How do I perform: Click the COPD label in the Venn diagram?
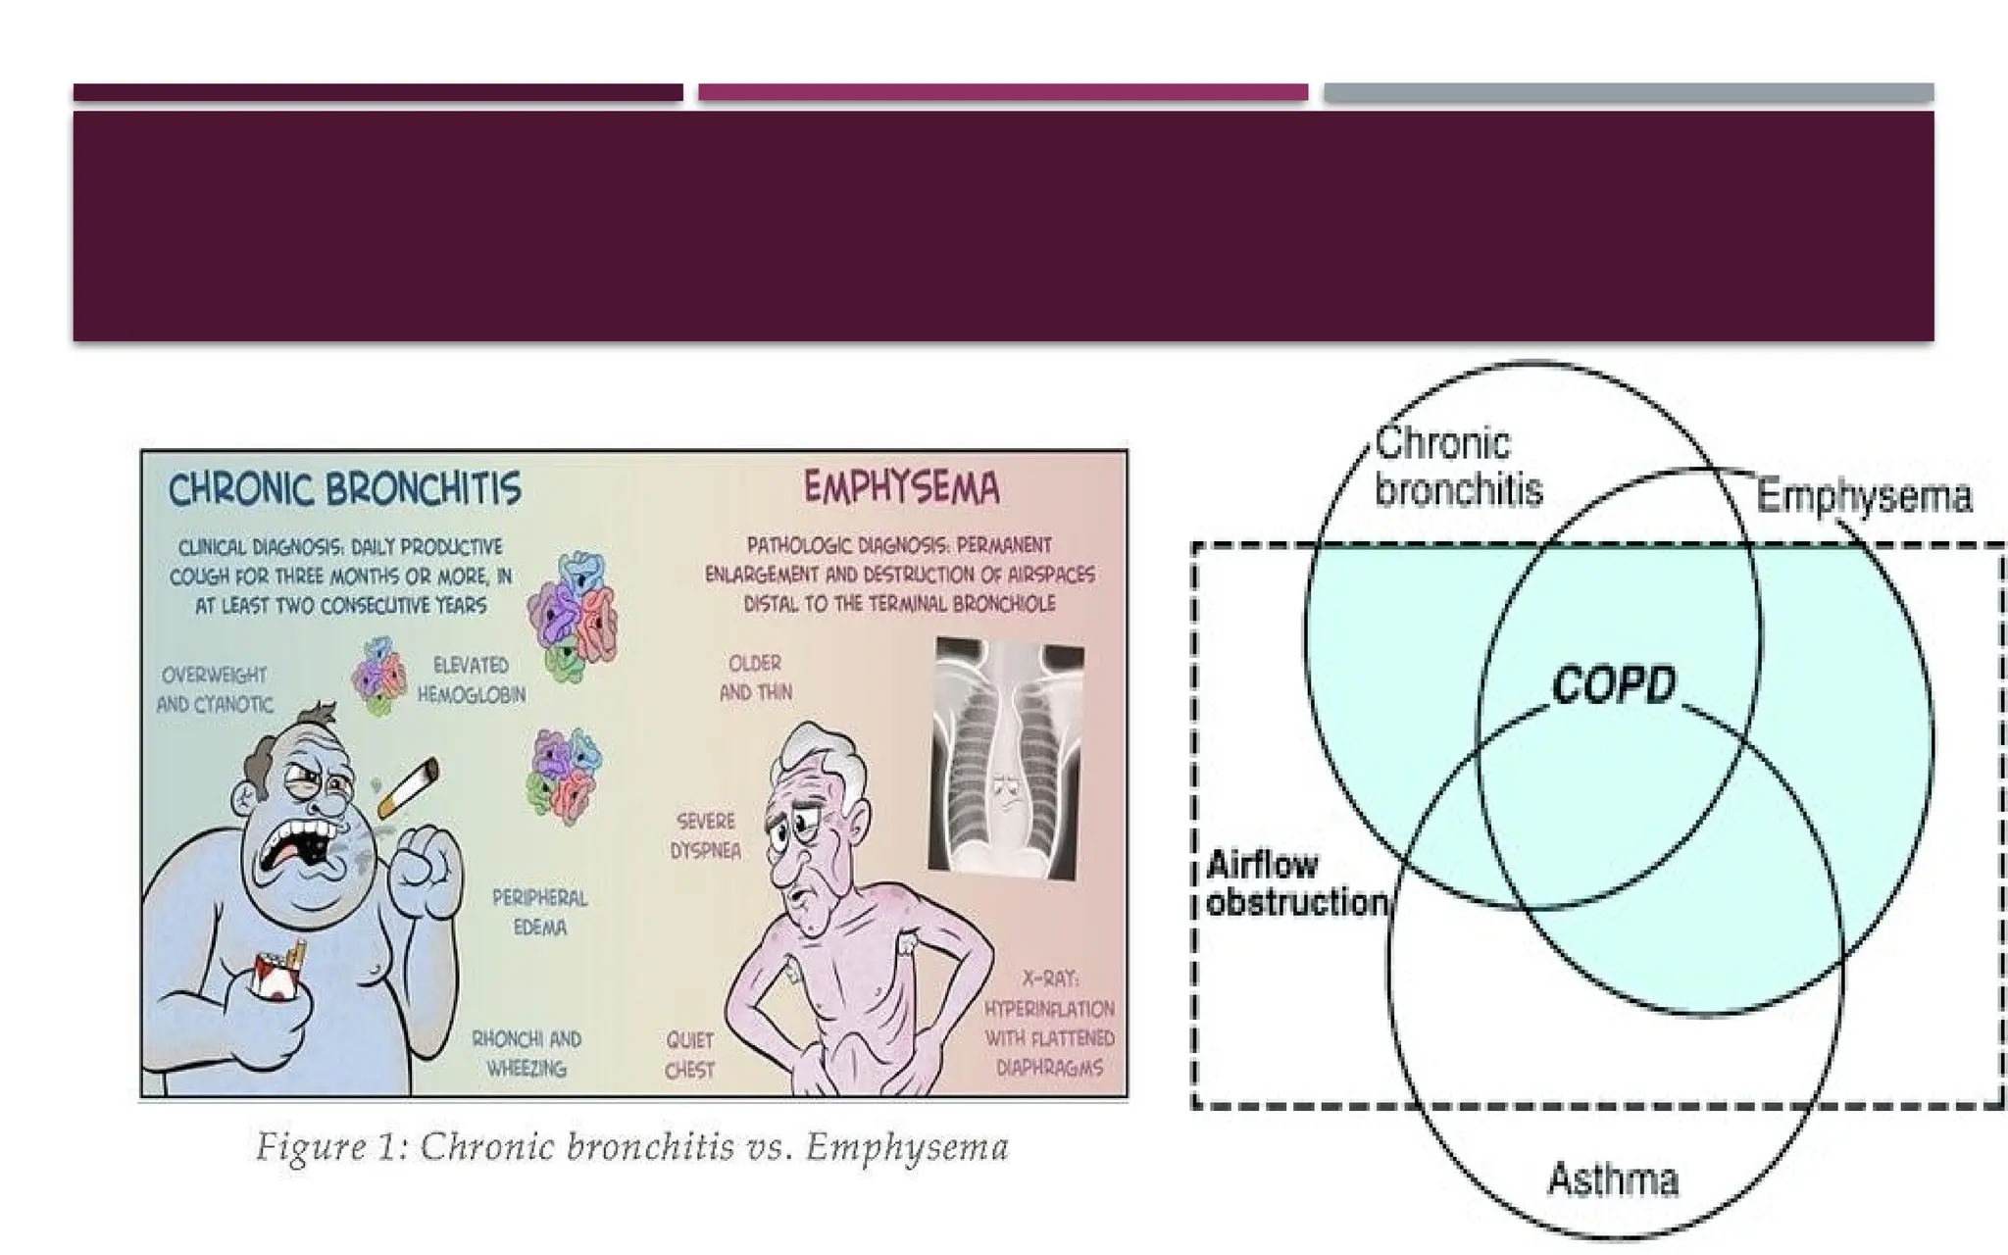(1613, 684)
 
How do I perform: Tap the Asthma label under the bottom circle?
(1613, 1179)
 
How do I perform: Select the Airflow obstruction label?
(1295, 883)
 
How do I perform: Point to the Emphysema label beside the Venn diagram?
(1863, 496)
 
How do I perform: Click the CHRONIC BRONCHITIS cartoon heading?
(345, 489)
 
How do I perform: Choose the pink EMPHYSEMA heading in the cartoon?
(901, 487)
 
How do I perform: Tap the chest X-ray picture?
(1007, 755)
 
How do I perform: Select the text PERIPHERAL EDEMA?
(539, 912)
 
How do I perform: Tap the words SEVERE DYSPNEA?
(705, 835)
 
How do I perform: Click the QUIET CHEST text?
(689, 1055)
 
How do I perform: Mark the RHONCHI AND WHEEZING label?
(527, 1053)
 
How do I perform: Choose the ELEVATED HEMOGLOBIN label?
(472, 679)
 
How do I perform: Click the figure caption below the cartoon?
(632, 1146)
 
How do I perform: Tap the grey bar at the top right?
(1628, 93)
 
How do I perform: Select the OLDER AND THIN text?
(755, 678)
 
